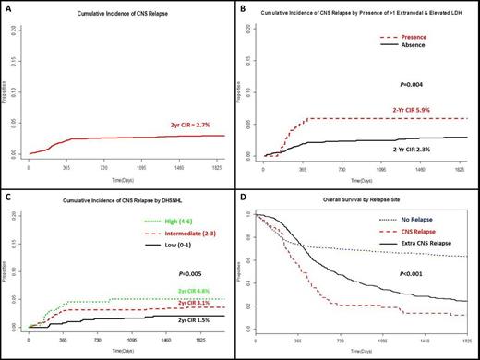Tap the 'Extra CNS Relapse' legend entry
coord(435,235)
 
